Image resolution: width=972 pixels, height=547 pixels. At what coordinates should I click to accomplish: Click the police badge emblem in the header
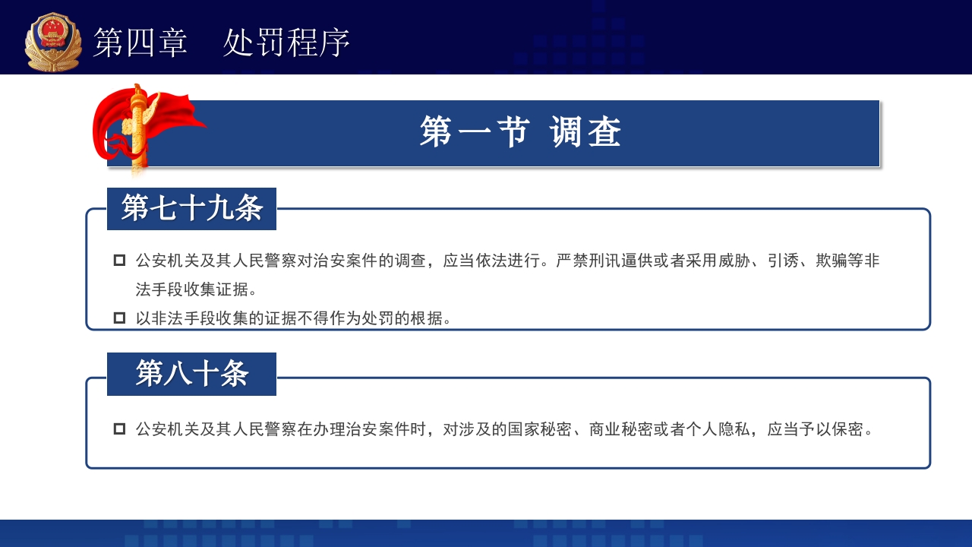point(52,42)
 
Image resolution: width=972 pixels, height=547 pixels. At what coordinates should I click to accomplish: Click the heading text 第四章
point(140,43)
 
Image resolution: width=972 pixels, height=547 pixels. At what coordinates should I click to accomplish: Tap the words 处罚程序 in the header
point(286,43)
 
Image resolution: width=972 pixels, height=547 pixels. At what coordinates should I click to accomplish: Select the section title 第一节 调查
point(520,133)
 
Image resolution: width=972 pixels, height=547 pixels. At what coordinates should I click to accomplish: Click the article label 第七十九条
point(191,208)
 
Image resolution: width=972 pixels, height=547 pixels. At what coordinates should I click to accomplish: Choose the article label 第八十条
point(191,374)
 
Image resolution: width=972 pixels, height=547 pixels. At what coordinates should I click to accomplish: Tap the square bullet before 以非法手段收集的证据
point(119,318)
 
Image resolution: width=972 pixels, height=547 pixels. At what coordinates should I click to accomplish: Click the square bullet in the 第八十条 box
point(119,429)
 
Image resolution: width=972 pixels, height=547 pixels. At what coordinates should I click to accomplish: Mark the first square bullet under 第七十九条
point(119,261)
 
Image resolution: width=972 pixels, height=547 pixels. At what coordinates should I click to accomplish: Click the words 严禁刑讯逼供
point(604,261)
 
